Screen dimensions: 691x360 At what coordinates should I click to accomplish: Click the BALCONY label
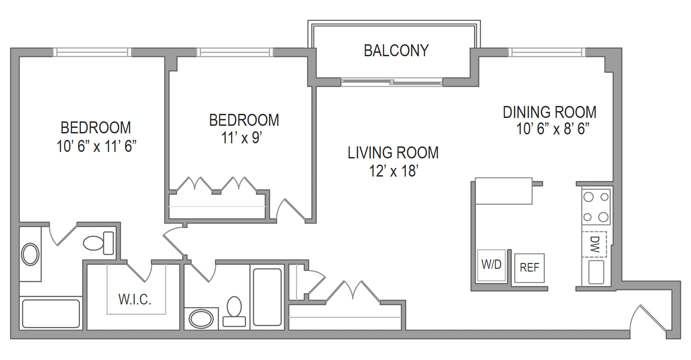396,51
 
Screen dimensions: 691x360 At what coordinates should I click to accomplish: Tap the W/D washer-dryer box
491,265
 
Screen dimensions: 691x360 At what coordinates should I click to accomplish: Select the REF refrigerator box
529,268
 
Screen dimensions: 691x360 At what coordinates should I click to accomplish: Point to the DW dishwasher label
595,244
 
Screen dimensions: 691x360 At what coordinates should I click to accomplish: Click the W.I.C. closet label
135,299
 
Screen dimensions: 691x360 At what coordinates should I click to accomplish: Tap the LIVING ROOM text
393,153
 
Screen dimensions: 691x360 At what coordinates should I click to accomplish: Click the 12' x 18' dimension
394,171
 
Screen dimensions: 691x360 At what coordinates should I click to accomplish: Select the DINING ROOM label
550,112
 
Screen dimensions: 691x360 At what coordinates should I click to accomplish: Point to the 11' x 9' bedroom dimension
242,138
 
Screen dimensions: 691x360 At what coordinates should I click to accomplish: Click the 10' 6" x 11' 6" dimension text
96,146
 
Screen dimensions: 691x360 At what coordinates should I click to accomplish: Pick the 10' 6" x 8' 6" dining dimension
553,129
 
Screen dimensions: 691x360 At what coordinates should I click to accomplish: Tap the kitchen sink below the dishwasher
596,272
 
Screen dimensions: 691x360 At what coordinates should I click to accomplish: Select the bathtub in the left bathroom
51,314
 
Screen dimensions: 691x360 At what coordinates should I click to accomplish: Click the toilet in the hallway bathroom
234,311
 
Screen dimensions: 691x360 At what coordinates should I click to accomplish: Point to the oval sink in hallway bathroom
201,319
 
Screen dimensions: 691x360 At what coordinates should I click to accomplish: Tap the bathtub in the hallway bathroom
267,297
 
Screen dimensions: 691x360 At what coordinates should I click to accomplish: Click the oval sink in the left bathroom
30,254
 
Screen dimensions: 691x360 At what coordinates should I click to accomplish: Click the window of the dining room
547,52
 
